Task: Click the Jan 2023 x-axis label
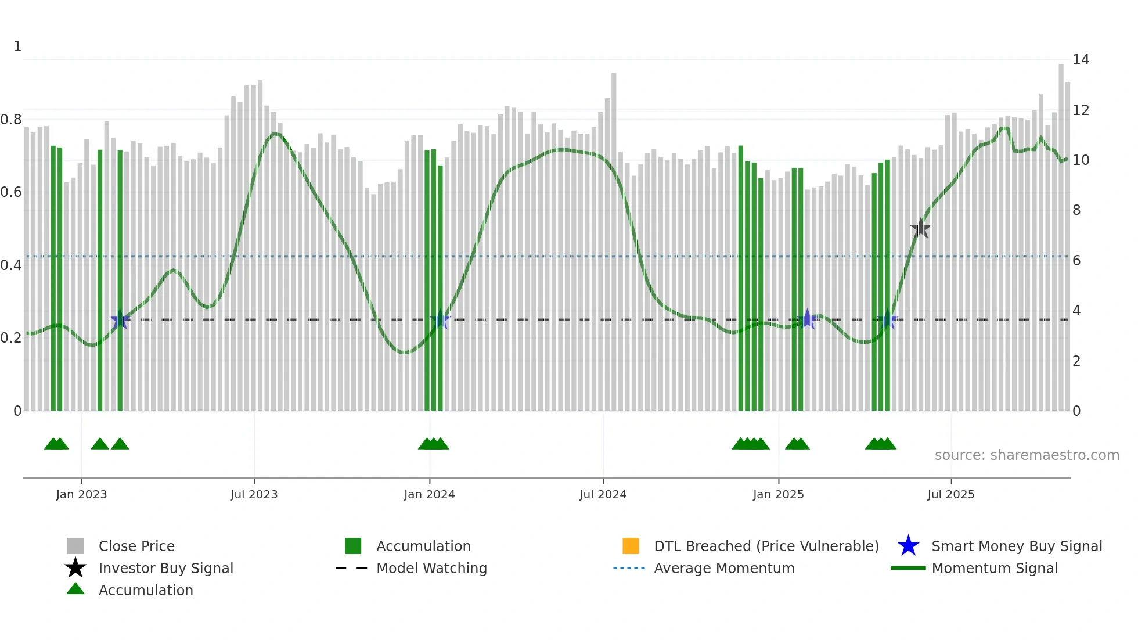(x=81, y=494)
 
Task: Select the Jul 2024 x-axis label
(x=603, y=494)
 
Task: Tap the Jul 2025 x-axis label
(x=950, y=494)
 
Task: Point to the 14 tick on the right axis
(x=1081, y=60)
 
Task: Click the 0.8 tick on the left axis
(x=11, y=120)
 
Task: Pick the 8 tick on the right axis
(x=1076, y=210)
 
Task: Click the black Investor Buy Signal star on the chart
(x=920, y=228)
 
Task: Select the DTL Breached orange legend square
(x=631, y=546)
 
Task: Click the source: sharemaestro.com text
(x=1027, y=455)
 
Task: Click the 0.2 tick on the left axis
(x=11, y=338)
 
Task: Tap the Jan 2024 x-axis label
(x=429, y=494)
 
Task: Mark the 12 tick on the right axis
(x=1081, y=110)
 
